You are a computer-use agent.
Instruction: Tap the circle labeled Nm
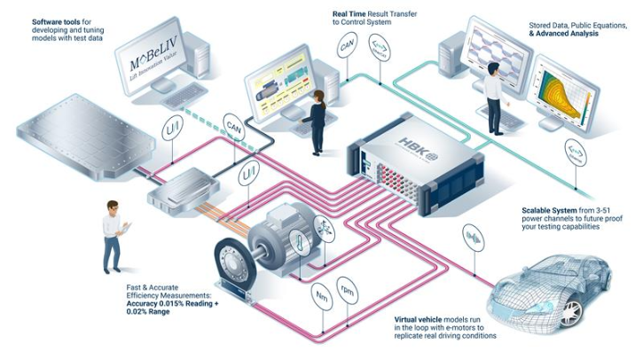pyautogui.click(x=320, y=292)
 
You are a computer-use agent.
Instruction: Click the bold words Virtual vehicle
pyautogui.click(x=423, y=318)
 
